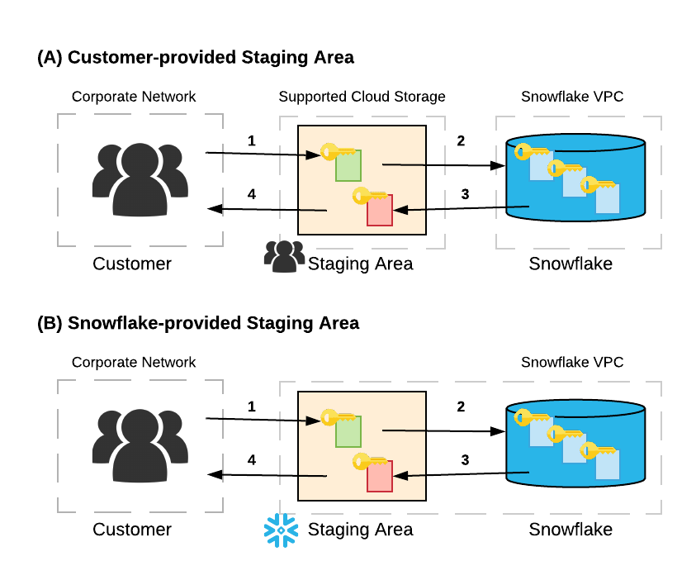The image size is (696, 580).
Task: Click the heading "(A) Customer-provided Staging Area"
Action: pyautogui.click(x=196, y=57)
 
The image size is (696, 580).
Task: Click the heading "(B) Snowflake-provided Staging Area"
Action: pyautogui.click(x=198, y=323)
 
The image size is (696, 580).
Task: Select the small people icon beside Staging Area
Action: pyautogui.click(x=283, y=257)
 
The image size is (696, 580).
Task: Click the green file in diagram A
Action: pyautogui.click(x=348, y=168)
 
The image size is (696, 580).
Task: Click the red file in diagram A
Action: pyautogui.click(x=379, y=212)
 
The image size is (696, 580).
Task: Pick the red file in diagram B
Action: pyautogui.click(x=379, y=477)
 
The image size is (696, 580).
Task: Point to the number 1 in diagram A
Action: pyautogui.click(x=251, y=140)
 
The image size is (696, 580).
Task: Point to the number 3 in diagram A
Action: pyautogui.click(x=465, y=194)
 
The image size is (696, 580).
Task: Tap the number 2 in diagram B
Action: pyautogui.click(x=461, y=406)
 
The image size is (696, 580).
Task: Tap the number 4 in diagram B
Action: pyautogui.click(x=252, y=459)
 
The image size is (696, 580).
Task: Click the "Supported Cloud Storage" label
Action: pyautogui.click(x=362, y=97)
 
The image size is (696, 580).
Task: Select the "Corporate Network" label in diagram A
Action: pyautogui.click(x=134, y=97)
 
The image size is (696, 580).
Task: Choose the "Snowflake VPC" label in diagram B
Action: pyautogui.click(x=571, y=362)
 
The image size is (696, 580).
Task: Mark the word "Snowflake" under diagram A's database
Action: pyautogui.click(x=571, y=264)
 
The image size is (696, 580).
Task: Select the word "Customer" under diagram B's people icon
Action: pyautogui.click(x=132, y=530)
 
